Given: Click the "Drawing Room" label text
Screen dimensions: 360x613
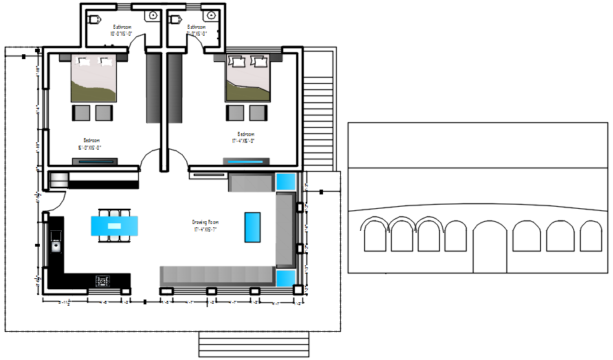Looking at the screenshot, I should pyautogui.click(x=205, y=223).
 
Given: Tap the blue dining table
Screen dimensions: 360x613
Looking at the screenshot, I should pyautogui.click(x=115, y=225).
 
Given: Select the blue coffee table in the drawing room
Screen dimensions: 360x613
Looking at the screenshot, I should pyautogui.click(x=252, y=227).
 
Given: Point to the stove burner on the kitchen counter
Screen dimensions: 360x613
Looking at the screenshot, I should pyautogui.click(x=103, y=280).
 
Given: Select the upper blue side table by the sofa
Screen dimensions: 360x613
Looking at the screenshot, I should pyautogui.click(x=285, y=181).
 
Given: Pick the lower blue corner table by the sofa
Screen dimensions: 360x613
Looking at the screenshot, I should pyautogui.click(x=285, y=278).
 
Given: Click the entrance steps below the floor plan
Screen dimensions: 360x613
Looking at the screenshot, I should pyautogui.click(x=254, y=344).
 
